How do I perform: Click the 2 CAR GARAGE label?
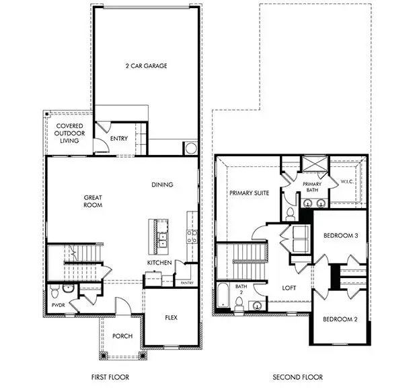(146, 66)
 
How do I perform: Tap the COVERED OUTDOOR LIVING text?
(69, 133)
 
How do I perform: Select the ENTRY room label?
(119, 139)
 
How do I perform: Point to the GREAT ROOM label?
(93, 201)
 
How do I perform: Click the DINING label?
(162, 185)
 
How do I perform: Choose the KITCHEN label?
(159, 262)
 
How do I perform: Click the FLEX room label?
(172, 317)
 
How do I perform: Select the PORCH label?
(122, 336)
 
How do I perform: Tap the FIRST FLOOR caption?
(110, 377)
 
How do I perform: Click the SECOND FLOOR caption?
(297, 377)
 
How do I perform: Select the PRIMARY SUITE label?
(249, 193)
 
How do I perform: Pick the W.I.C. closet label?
(348, 181)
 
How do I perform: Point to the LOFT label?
(289, 288)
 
